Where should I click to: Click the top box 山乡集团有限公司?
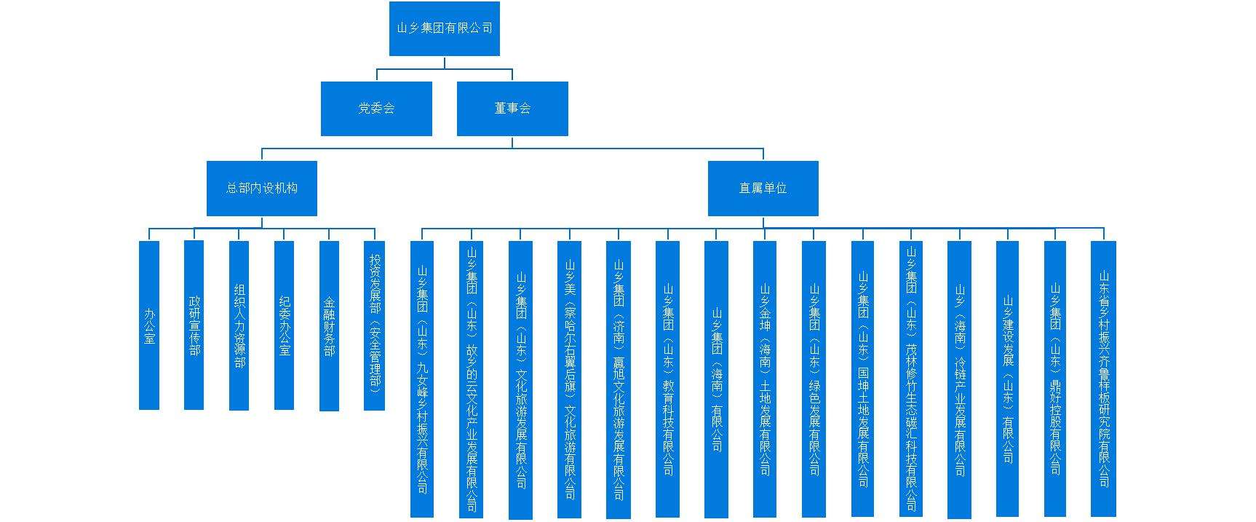(444, 28)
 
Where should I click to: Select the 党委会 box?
(376, 108)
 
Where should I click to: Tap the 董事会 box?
(512, 108)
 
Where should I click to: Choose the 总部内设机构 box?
(261, 188)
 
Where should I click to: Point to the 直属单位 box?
(763, 188)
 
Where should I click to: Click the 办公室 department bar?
(149, 325)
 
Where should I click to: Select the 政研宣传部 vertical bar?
(194, 325)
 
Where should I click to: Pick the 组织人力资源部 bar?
(239, 325)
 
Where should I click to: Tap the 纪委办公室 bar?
(285, 325)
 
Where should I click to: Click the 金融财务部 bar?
(329, 325)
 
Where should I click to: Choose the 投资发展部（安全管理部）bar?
(374, 325)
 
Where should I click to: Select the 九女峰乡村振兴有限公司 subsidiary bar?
(422, 379)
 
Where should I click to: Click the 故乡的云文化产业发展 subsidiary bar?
(471, 379)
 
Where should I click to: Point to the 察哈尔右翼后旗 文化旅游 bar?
(569, 379)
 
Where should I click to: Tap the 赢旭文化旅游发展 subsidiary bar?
(619, 379)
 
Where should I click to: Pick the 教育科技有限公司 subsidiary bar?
(667, 379)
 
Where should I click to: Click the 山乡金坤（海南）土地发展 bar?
(765, 379)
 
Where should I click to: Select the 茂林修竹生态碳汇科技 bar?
(911, 379)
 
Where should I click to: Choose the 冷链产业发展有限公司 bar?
(959, 379)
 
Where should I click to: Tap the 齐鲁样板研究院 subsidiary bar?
(1103, 379)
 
